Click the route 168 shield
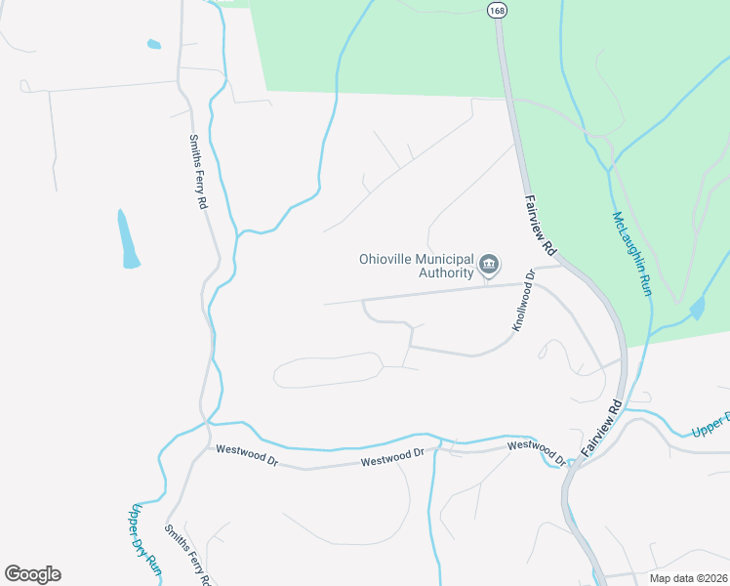498,10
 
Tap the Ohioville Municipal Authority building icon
489,264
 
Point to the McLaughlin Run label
631,254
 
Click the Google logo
33,574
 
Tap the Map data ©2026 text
688,578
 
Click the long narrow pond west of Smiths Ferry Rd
127,239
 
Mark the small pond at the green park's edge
696,311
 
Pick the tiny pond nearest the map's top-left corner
153,44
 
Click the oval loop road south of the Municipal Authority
329,370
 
